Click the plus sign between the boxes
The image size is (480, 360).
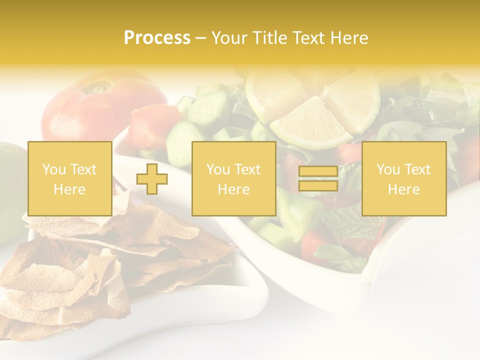[x=152, y=179]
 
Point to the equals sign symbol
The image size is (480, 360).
[x=318, y=178]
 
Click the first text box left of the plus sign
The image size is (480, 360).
[x=70, y=178]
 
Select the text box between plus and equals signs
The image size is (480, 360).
[x=233, y=178]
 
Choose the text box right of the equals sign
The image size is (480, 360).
[x=404, y=178]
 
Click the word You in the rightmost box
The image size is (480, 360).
[x=388, y=169]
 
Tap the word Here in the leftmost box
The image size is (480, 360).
[x=69, y=189]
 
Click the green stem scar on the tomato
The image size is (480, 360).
[x=96, y=88]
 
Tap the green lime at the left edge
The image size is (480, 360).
[x=9, y=190]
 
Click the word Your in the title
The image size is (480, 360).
[x=229, y=38]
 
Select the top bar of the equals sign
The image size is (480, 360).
[x=318, y=171]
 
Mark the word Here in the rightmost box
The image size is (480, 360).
[x=403, y=189]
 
